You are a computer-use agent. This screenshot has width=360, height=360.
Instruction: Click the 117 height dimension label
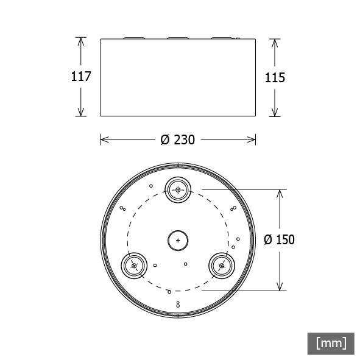[x=80, y=77]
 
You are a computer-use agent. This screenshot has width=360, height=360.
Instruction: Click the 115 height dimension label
[x=275, y=77]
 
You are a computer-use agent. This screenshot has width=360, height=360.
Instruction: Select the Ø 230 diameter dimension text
[x=178, y=140]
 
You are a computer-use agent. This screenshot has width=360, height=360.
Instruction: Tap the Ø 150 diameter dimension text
[x=279, y=240]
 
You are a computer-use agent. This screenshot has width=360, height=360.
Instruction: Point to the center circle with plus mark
[x=178, y=240]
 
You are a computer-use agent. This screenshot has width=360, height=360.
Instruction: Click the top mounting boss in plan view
[x=178, y=189]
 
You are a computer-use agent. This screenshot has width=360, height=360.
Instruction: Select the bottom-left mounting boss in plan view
[x=134, y=266]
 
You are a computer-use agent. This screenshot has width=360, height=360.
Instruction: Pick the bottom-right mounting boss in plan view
[x=221, y=266]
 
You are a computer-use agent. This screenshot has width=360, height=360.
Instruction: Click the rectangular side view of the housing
[x=178, y=77]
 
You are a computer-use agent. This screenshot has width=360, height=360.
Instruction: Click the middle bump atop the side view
[x=178, y=38]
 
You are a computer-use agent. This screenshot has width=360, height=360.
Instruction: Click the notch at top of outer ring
[x=178, y=164]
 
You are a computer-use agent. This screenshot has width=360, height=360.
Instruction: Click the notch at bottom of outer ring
[x=178, y=316]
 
